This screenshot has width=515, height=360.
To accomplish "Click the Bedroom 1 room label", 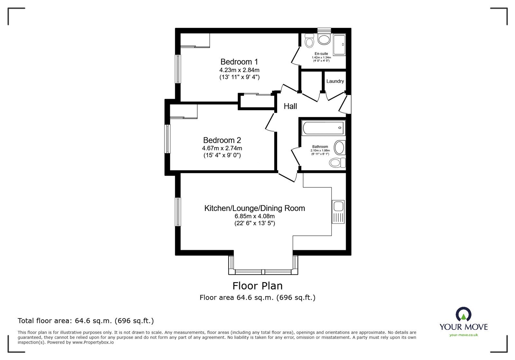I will click(239, 61).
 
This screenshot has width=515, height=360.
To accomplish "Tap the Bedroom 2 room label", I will click(222, 140).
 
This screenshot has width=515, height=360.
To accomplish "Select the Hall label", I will click(290, 106).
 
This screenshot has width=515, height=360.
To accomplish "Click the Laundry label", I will click(335, 81).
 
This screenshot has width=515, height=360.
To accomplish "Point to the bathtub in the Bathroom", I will click(323, 128).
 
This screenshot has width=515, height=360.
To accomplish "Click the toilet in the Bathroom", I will click(337, 163).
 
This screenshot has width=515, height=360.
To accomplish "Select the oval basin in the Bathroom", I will click(340, 148).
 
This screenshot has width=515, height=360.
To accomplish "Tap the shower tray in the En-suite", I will click(339, 45).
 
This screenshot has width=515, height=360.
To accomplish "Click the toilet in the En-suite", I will click(310, 41).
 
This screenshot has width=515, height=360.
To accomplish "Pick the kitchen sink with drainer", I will click(338, 212).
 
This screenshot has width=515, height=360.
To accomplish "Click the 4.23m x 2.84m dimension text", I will click(239, 70).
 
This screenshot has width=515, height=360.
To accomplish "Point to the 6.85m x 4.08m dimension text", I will click(254, 216).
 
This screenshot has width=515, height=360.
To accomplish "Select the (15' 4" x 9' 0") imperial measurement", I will click(222, 155).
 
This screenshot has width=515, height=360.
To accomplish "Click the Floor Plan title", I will click(257, 286).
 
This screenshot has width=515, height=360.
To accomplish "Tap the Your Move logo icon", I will click(464, 314).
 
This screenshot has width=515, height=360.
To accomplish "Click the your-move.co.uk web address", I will click(464, 335).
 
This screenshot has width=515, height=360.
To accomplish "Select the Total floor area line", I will click(86, 321).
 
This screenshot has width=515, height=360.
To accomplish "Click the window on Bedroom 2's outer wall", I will click(167, 139).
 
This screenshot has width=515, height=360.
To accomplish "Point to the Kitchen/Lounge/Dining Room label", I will click(255, 208).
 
